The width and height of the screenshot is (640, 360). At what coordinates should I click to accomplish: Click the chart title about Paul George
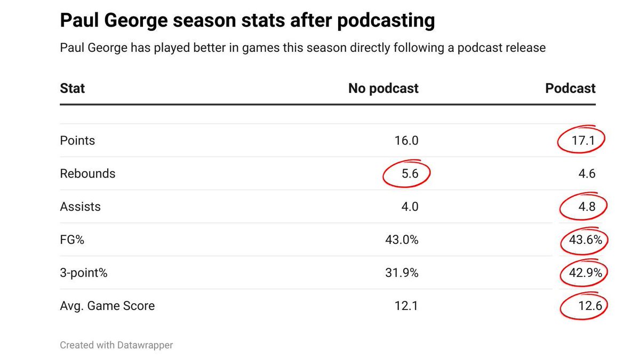click(247, 21)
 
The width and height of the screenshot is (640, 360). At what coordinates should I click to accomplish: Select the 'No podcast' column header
click(383, 88)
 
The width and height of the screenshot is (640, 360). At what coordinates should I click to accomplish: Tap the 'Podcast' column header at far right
click(570, 88)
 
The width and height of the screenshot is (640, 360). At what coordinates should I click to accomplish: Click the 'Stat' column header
click(72, 88)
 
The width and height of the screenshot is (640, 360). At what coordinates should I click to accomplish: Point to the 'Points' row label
click(77, 141)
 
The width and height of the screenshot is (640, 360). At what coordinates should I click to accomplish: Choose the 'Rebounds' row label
click(87, 173)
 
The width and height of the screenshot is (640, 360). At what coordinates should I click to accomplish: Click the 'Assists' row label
click(80, 206)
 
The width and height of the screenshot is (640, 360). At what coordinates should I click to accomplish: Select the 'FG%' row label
click(72, 240)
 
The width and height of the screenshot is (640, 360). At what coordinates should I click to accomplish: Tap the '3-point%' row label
click(84, 273)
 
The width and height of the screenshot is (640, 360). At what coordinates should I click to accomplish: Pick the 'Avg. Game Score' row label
click(107, 306)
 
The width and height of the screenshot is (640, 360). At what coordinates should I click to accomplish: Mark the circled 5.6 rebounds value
click(406, 174)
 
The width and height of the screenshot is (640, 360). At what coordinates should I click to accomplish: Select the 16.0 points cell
click(406, 141)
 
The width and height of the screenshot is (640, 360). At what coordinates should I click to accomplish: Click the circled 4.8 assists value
click(584, 207)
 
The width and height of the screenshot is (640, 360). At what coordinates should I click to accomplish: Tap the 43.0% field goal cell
click(402, 240)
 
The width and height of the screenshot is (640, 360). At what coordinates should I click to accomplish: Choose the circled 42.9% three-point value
click(585, 273)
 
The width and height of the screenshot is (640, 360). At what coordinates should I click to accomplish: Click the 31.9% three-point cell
click(402, 273)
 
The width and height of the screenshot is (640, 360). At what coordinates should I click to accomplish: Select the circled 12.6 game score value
click(584, 306)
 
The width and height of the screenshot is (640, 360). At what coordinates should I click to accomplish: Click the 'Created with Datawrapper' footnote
click(116, 345)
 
